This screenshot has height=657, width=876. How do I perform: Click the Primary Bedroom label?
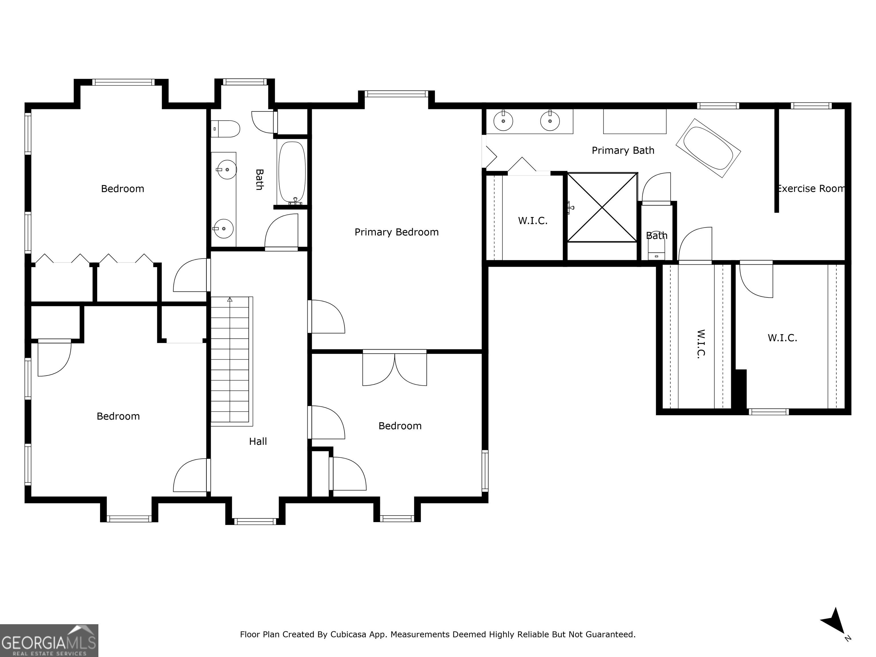pyautogui.click(x=396, y=232)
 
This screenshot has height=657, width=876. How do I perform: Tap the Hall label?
pyautogui.click(x=258, y=441)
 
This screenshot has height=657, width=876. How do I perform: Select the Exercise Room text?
pyautogui.click(x=811, y=188)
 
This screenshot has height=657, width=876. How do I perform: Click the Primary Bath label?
pyautogui.click(x=623, y=151)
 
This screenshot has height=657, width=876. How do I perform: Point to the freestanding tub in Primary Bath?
pyautogui.click(x=708, y=148)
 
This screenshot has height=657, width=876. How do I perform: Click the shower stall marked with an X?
pyautogui.click(x=602, y=207)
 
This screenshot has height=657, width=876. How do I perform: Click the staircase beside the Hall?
pyautogui.click(x=231, y=361)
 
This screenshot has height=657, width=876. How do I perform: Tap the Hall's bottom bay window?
pyautogui.click(x=255, y=521)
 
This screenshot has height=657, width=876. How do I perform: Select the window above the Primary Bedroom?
pyautogui.click(x=396, y=94)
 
